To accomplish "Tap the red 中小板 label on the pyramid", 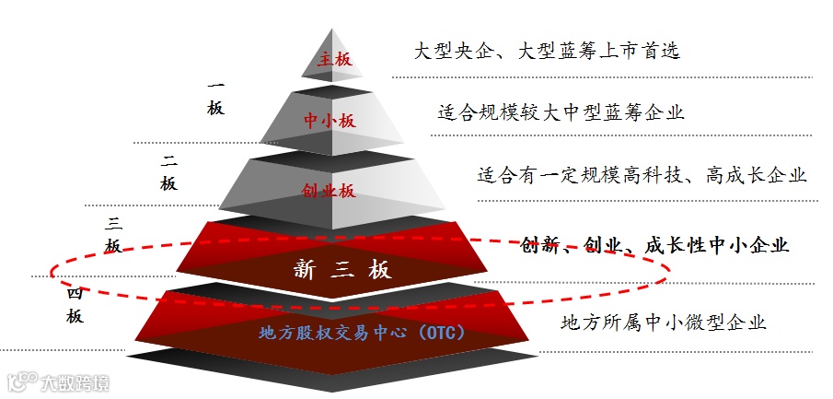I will [329, 121].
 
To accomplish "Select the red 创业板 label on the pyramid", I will [329, 192].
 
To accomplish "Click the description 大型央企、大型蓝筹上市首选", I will [548, 51].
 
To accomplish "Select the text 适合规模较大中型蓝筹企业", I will [561, 113].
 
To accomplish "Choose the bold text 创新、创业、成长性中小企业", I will [654, 245].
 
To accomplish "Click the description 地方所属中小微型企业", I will [663, 323].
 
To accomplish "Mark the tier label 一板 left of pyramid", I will [215, 98].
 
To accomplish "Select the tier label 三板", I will [114, 234].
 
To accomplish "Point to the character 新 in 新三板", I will [305, 269].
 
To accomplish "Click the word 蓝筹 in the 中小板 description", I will [627, 113].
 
